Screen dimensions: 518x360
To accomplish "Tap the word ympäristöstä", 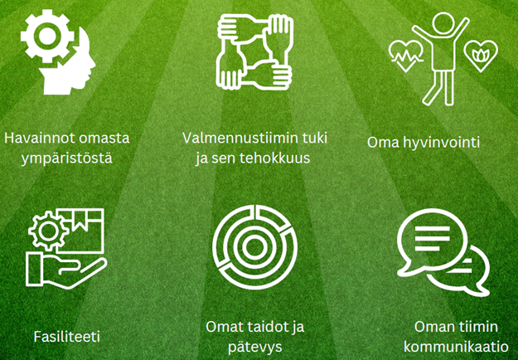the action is tap(67, 158).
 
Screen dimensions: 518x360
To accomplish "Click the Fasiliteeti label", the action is tap(67, 337).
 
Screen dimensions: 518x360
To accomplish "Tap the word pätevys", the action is tap(254, 347).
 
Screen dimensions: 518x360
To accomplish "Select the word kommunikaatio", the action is tap(456, 347).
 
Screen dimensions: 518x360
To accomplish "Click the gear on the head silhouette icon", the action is tap(47, 36).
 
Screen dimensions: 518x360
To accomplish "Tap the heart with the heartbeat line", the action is tap(406, 56).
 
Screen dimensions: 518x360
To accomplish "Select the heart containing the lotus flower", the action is tap(481, 56).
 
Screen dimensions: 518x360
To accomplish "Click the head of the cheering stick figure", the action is tap(443, 24).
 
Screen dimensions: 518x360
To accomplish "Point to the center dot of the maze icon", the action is tap(254, 247).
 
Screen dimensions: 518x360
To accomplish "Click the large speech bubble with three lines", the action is tap(432, 242).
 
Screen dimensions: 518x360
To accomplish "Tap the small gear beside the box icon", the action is tap(48, 231).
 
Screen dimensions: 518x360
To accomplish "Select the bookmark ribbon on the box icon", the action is tap(80, 219).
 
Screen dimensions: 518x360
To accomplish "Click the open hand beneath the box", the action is tap(66, 270).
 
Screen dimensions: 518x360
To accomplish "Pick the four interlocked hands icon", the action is tap(254, 51).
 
